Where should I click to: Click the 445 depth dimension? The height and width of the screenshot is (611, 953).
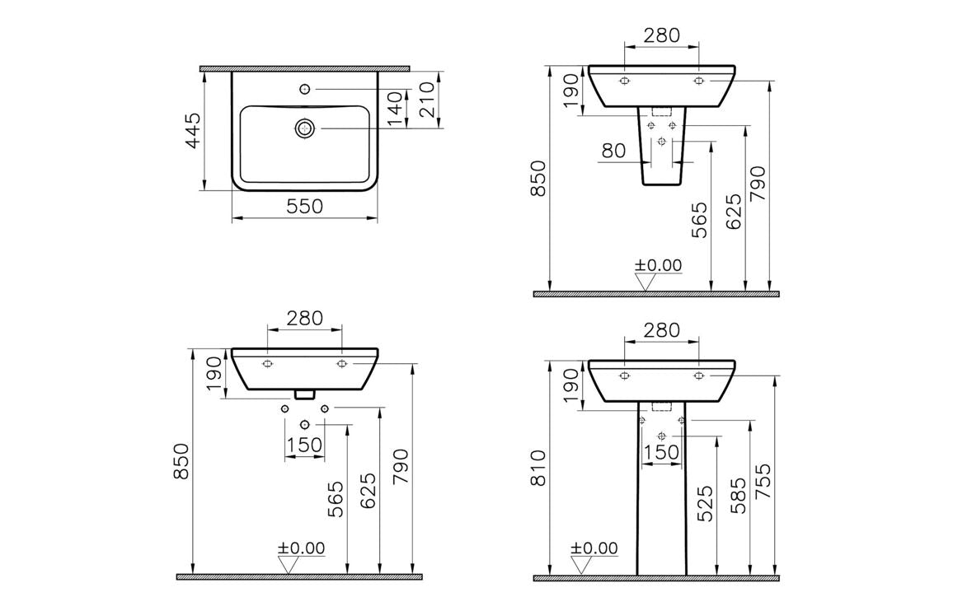pos(191,130)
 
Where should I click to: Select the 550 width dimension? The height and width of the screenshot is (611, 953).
pos(304,207)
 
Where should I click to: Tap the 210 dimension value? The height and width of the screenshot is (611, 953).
pos(428,100)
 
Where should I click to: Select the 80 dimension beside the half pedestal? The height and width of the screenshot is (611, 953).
pos(613,151)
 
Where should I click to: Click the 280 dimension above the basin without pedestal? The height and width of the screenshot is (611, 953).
pos(304,317)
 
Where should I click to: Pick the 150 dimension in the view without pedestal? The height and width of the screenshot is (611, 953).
pos(304,445)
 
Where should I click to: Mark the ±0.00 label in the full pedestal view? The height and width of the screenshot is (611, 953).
pos(594,548)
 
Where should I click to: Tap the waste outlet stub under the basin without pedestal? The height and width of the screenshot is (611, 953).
pos(305,394)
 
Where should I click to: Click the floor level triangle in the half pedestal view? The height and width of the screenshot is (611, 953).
pos(646,282)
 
